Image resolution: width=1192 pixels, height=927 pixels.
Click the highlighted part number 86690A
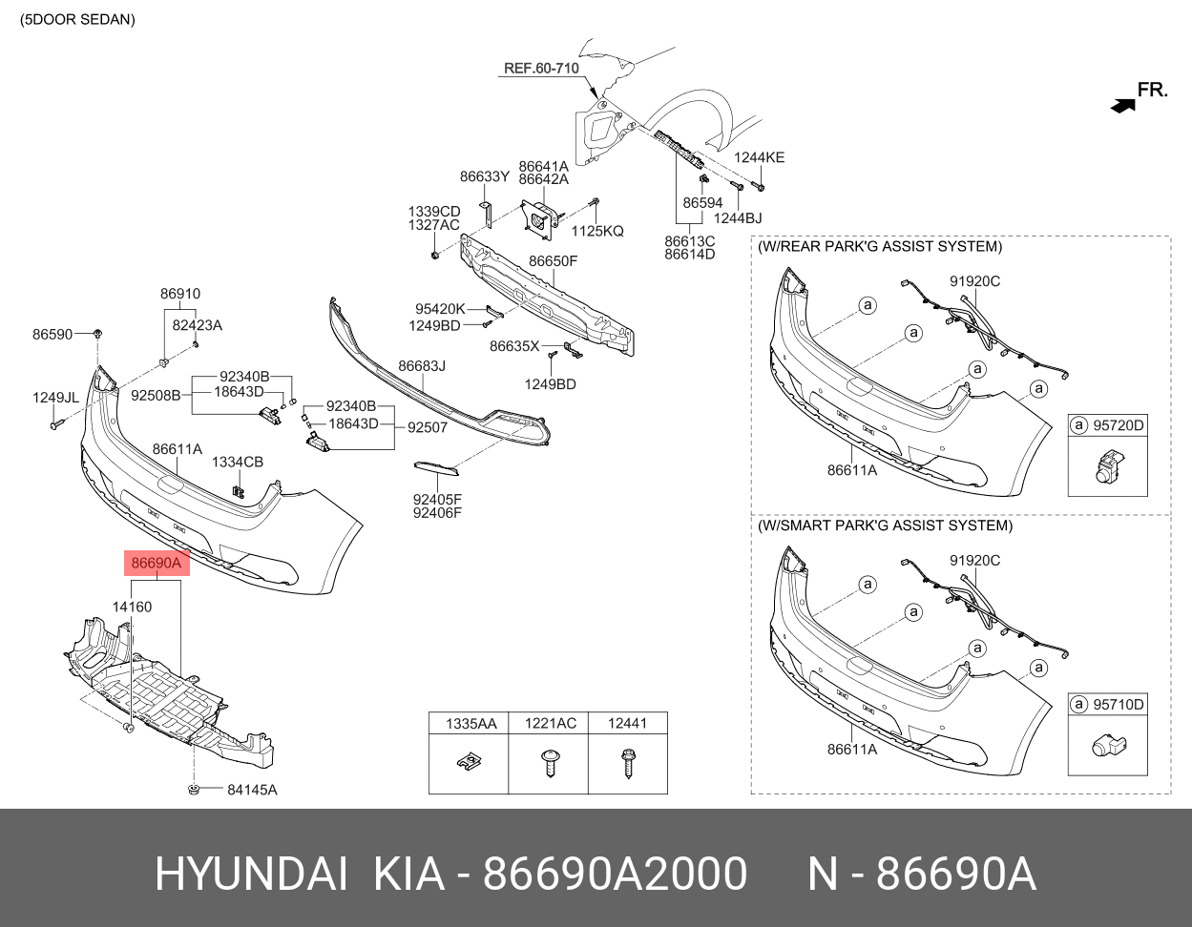pyautogui.click(x=156, y=564)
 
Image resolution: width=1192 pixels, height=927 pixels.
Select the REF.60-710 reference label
pyautogui.click(x=541, y=69)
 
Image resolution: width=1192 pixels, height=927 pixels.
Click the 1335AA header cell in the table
pyautogui.click(x=471, y=724)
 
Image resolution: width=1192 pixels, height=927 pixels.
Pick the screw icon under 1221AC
pyautogui.click(x=549, y=763)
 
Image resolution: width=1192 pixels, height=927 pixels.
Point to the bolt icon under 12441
pyautogui.click(x=628, y=763)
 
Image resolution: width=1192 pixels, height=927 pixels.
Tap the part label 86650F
pyautogui.click(x=554, y=261)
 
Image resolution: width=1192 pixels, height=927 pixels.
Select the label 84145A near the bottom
pyautogui.click(x=252, y=790)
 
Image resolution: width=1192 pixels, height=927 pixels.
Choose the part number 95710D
pyautogui.click(x=1118, y=705)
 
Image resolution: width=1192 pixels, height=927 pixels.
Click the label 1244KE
pyautogui.click(x=759, y=157)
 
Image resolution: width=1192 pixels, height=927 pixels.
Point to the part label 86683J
pyautogui.click(x=422, y=365)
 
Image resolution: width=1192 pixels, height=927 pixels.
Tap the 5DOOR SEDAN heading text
pyautogui.click(x=78, y=19)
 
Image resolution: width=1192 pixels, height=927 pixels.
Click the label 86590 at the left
pyautogui.click(x=52, y=335)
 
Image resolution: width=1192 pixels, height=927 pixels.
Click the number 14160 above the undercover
pyautogui.click(x=132, y=607)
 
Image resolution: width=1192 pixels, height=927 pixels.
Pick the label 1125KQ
pyautogui.click(x=597, y=231)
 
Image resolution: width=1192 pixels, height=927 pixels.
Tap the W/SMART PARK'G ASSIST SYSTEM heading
pyautogui.click(x=885, y=525)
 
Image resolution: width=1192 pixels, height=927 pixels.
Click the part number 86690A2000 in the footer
pyautogui.click(x=615, y=874)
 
